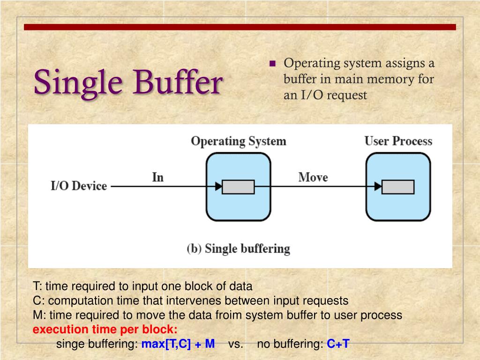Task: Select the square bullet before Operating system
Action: point(273,64)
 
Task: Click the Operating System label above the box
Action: point(238,141)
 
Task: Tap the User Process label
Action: point(398,141)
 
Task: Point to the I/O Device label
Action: point(79,186)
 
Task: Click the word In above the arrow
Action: point(158,177)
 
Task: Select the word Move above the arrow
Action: point(313,177)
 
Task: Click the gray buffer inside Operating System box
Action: point(238,187)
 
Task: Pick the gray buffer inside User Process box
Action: point(398,187)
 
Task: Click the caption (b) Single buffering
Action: point(238,248)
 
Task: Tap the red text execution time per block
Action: point(105,329)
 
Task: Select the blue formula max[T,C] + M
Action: point(178,344)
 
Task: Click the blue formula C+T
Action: point(338,344)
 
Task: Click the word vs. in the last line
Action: point(236,344)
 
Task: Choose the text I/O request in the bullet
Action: point(332,95)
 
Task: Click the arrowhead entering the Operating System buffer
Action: point(218,187)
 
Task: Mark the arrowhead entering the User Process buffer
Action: point(378,187)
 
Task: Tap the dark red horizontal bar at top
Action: point(240,27)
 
